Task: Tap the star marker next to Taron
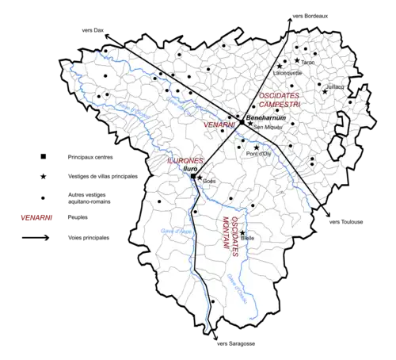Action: coord(297,60)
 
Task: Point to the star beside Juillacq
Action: coord(325,92)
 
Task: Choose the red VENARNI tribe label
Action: coord(219,125)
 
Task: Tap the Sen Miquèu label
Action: coord(267,127)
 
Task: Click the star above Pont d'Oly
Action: coord(256,147)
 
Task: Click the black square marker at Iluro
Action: coord(193,176)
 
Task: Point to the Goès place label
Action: coord(209,182)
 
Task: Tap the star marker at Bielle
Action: coord(243,232)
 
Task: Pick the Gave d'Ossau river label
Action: coord(234,288)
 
